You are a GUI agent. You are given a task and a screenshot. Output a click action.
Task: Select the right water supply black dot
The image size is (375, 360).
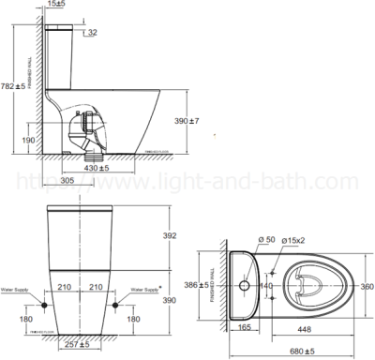click(x=115, y=305)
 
